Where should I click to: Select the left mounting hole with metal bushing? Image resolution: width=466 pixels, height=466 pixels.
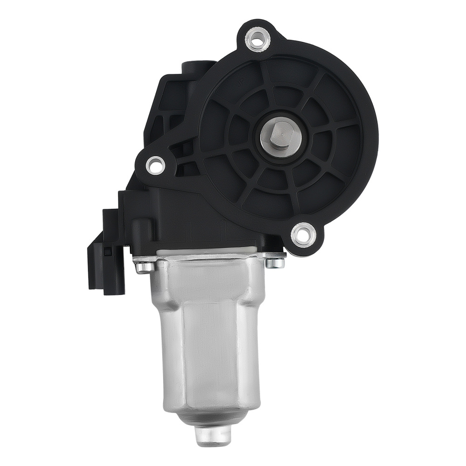click(x=155, y=164)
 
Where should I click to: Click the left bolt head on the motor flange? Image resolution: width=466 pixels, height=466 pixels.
click(x=144, y=267)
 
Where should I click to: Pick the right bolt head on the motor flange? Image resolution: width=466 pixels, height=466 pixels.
click(x=276, y=262)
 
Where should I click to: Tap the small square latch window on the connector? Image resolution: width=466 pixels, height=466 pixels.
click(x=108, y=252)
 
